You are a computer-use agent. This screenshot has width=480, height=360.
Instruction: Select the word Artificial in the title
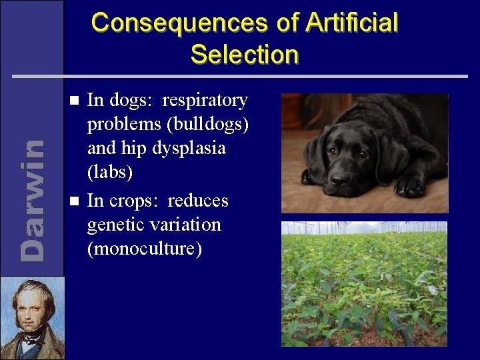(x=352, y=23)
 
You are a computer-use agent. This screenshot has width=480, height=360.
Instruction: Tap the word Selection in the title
(x=244, y=54)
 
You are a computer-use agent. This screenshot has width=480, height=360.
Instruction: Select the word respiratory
(x=205, y=101)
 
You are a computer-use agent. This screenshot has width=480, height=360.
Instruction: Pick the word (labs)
(x=110, y=173)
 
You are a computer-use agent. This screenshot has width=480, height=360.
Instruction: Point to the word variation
(x=187, y=225)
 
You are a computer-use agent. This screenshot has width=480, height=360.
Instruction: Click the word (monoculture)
(x=144, y=249)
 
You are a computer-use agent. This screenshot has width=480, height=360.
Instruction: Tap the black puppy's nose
(x=341, y=180)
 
